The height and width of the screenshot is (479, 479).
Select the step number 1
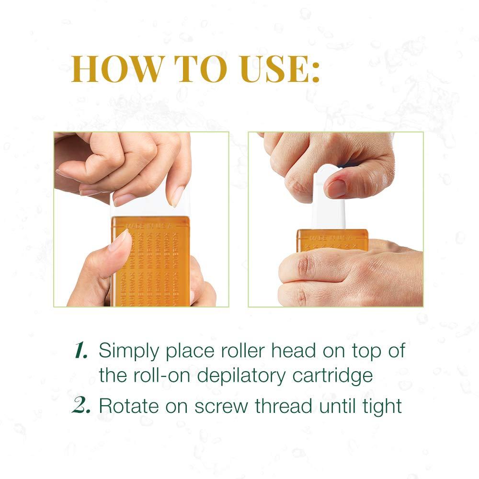[79, 352]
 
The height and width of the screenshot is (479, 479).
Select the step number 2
[81, 406]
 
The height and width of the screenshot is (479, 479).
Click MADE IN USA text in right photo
[331, 237]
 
